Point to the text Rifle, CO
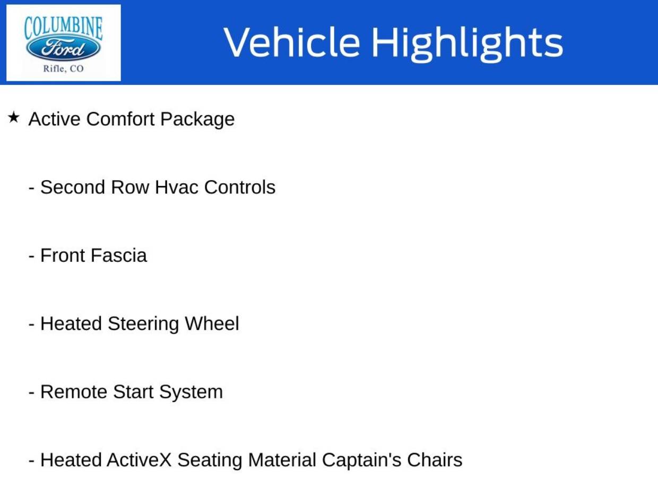click(63, 68)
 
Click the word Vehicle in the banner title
click(291, 42)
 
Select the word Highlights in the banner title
click(466, 43)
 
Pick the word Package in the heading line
click(197, 120)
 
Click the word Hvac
click(177, 187)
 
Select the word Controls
click(239, 187)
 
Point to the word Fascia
click(118, 255)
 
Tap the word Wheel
click(212, 323)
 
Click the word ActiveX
click(139, 460)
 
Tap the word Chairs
click(435, 460)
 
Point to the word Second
click(73, 187)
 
